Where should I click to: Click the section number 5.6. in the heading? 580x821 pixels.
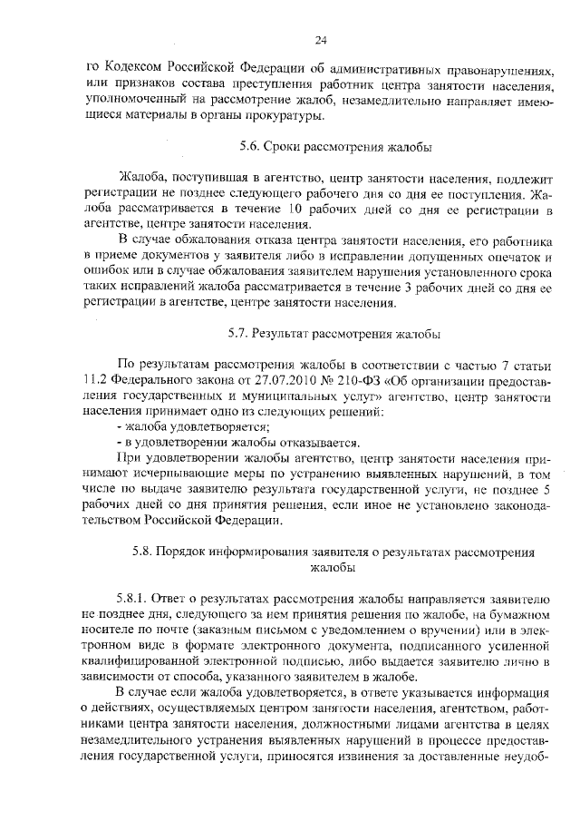[x=251, y=145]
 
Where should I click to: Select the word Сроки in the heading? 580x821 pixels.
[x=286, y=145]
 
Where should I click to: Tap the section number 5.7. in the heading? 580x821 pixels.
[x=239, y=333]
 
